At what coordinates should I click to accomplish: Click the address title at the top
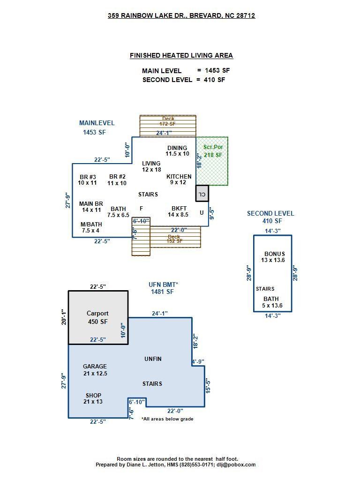pos(181,15)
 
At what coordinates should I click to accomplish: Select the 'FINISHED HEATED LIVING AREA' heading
pos(181,55)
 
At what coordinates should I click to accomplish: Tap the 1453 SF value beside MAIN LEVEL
pos(217,70)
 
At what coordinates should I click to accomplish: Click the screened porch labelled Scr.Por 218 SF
pos(212,151)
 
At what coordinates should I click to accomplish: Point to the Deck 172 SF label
pos(167,121)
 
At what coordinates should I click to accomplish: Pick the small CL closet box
pos(202,194)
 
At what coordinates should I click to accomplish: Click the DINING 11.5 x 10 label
pos(177,151)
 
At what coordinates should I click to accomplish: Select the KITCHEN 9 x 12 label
pos(179,180)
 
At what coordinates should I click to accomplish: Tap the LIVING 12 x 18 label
pos(151,166)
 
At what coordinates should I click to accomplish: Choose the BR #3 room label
pos(87,180)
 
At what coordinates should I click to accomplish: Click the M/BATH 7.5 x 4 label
pos(91,227)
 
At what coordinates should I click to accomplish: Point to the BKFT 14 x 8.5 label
pos(178,211)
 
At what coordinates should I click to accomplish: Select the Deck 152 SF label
pos(174,239)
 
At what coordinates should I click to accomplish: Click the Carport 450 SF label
pos(97,317)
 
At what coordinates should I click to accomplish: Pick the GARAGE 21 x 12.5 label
pos(95,370)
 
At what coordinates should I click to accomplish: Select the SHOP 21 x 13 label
pos(93,398)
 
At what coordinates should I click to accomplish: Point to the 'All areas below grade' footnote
pos(167,419)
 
